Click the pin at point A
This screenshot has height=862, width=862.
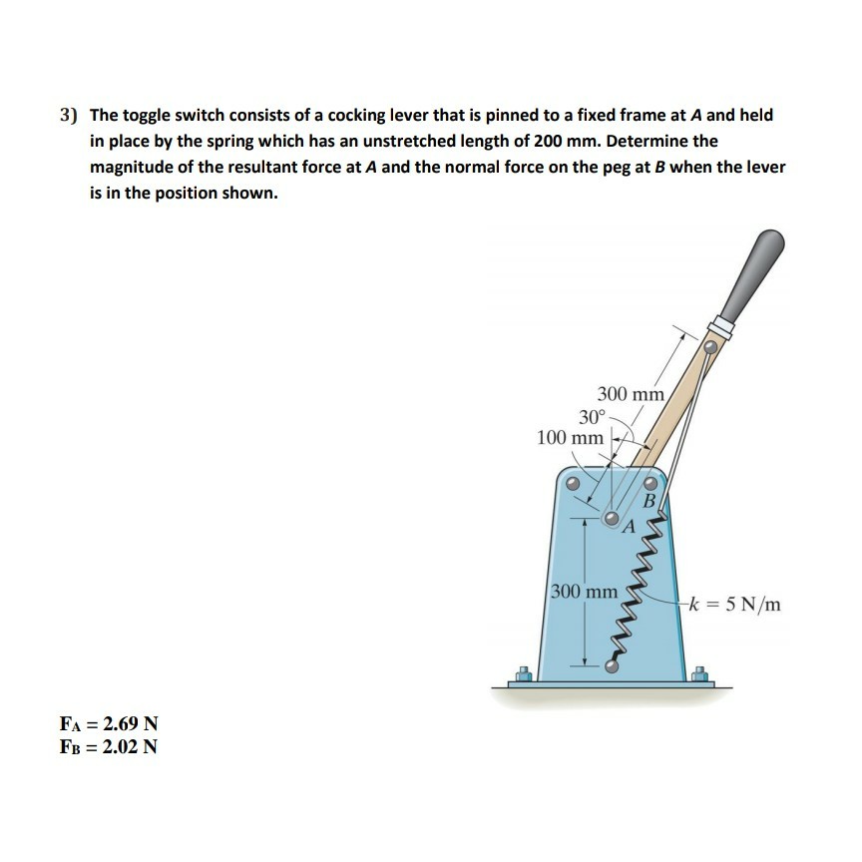(x=613, y=519)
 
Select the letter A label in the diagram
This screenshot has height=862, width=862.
(x=629, y=528)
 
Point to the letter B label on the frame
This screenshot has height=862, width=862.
(x=650, y=501)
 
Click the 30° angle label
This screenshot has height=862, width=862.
(x=592, y=417)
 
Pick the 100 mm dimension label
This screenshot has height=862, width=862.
(x=570, y=438)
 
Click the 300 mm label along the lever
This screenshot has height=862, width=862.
(x=631, y=394)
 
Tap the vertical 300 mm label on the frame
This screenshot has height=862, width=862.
(x=585, y=591)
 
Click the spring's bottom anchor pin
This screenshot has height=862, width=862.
(x=612, y=666)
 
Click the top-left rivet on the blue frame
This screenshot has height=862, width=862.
(x=572, y=485)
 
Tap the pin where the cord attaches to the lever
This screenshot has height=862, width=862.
(x=709, y=346)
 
